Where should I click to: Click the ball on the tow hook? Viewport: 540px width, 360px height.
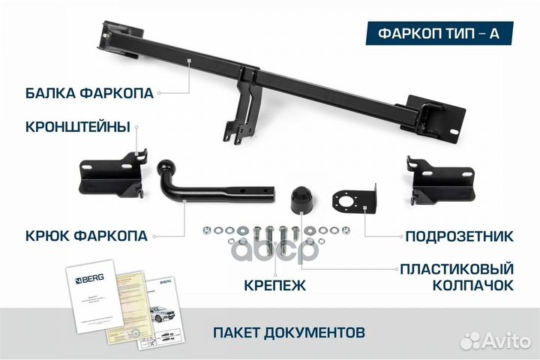(166, 166)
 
